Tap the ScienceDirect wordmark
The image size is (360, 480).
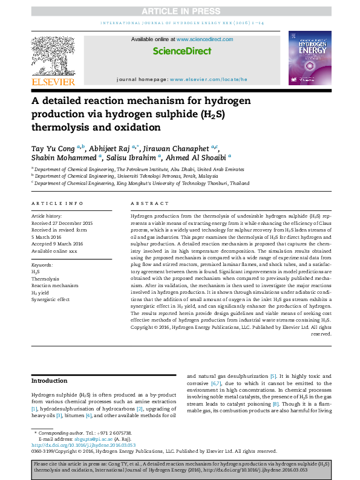click(x=182, y=52)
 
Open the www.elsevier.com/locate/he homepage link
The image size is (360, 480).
click(x=209, y=79)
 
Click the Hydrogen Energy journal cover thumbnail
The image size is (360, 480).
click(x=310, y=58)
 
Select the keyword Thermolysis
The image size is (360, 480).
click(x=45, y=279)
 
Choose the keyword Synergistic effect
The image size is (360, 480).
click(x=50, y=299)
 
